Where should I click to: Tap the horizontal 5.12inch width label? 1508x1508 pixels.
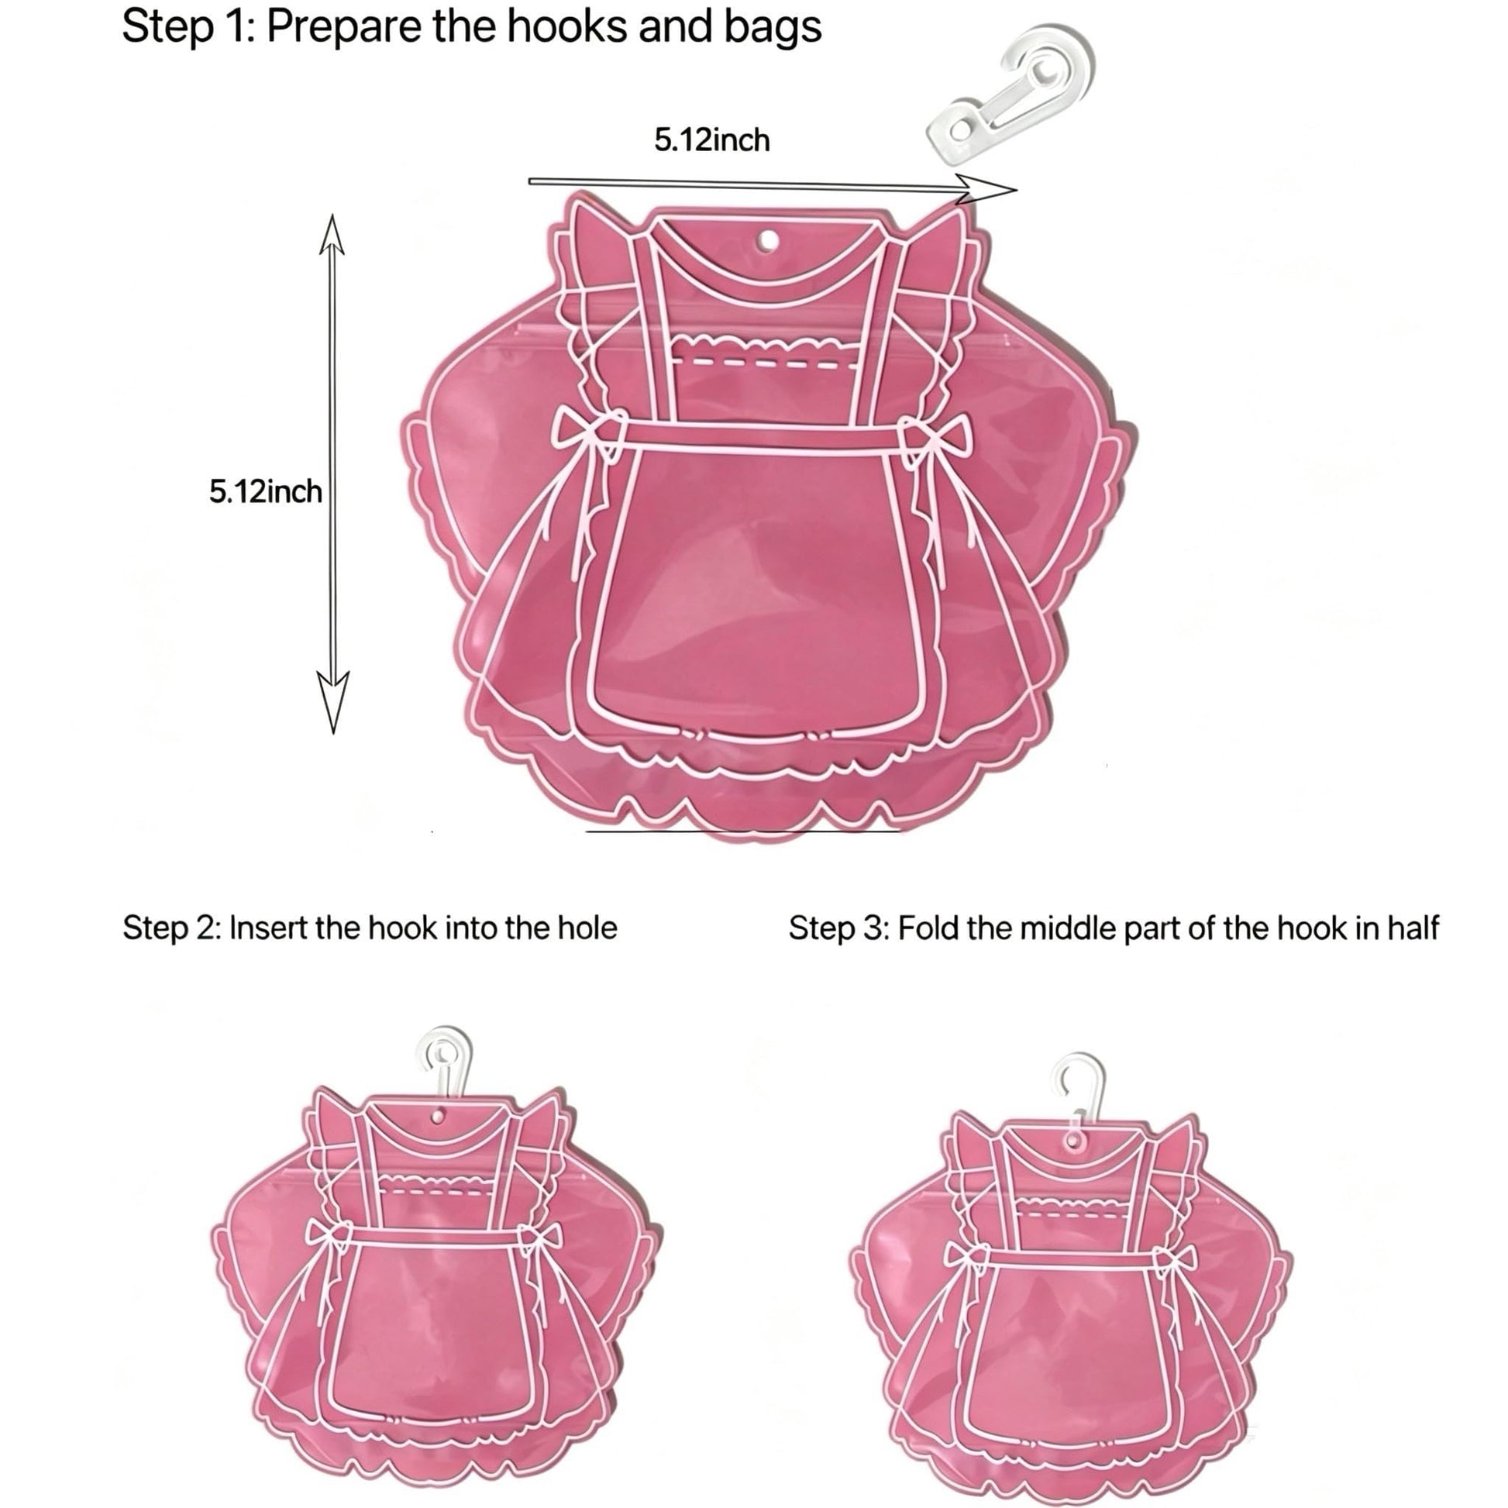point(712,140)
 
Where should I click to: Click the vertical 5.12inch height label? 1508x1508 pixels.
point(265,492)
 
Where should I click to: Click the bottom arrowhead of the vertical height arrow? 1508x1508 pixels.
point(333,703)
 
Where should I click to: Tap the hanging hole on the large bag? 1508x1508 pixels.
point(769,241)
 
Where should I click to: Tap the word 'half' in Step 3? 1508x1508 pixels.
point(1413,929)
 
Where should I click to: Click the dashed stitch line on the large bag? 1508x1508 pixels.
point(765,363)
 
